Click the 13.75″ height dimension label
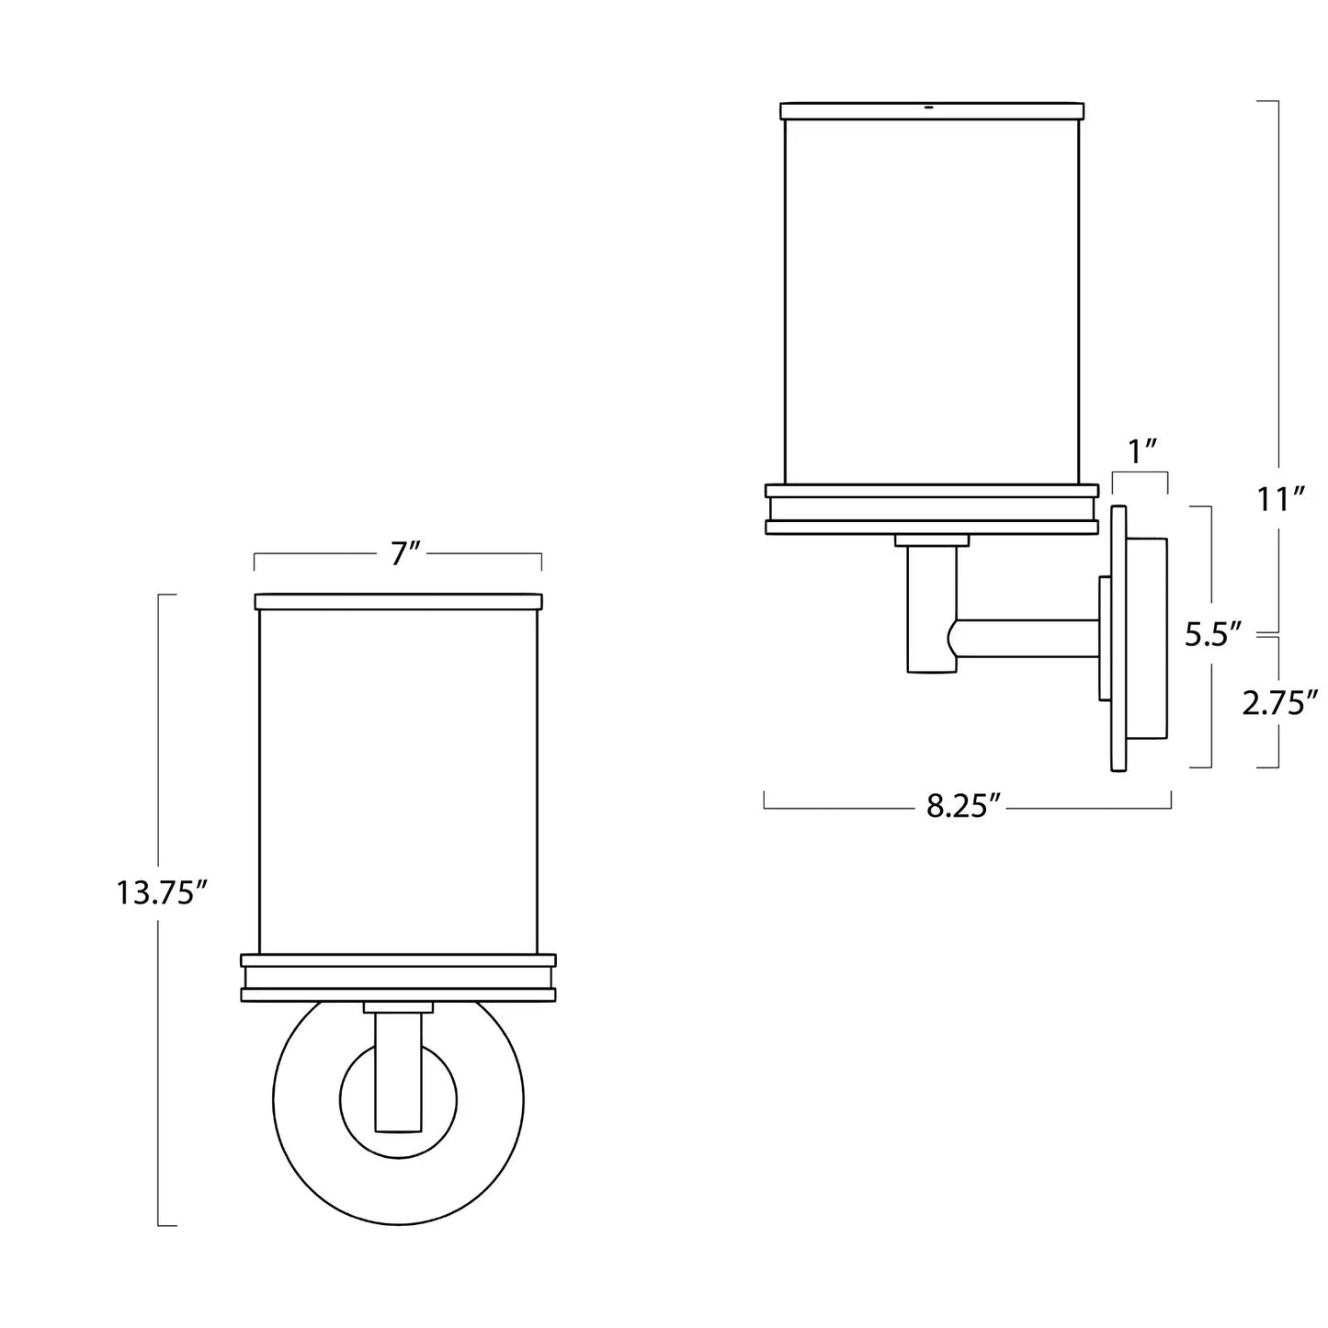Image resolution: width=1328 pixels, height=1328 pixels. pyautogui.click(x=162, y=894)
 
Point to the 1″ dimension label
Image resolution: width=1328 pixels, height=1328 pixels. pyautogui.click(x=1140, y=453)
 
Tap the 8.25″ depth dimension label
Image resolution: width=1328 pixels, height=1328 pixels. pyautogui.click(x=963, y=807)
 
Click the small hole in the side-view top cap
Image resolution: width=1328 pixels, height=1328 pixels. pyautogui.click(x=929, y=108)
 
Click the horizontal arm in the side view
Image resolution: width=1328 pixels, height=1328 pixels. pyautogui.click(x=1023, y=639)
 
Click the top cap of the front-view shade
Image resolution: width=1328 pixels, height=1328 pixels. pyautogui.click(x=398, y=602)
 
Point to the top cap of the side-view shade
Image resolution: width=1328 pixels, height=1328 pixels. pyautogui.click(x=932, y=111)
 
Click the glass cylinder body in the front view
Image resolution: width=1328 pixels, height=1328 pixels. pyautogui.click(x=398, y=781)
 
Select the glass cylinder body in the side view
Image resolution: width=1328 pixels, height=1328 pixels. pyautogui.click(x=932, y=301)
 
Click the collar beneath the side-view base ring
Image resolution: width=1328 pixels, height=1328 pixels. pyautogui.click(x=932, y=540)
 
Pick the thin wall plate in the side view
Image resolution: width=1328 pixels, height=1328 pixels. pyautogui.click(x=1118, y=638)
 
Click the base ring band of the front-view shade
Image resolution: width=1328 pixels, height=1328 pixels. pyautogui.click(x=398, y=977)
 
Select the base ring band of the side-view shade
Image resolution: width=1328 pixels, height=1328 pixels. pyautogui.click(x=932, y=509)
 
